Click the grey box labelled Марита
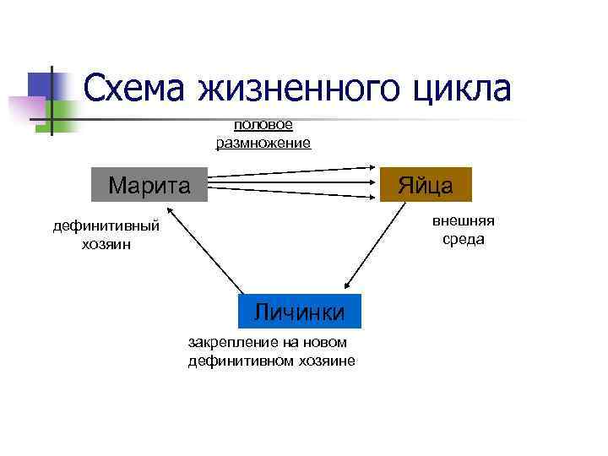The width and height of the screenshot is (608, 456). [149, 184]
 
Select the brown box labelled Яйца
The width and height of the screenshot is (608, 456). [426, 184]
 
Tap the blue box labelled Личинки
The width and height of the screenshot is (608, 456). [300, 311]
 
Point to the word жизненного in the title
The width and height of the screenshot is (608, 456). [301, 90]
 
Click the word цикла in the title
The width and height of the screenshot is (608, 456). [463, 90]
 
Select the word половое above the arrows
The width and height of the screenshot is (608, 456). [263, 125]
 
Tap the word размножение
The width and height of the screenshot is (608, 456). [263, 143]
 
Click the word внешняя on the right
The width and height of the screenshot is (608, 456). [464, 221]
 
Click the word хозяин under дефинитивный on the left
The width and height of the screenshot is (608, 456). [106, 245]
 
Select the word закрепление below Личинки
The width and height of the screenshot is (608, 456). [231, 342]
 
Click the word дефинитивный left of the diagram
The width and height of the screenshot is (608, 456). [106, 226]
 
